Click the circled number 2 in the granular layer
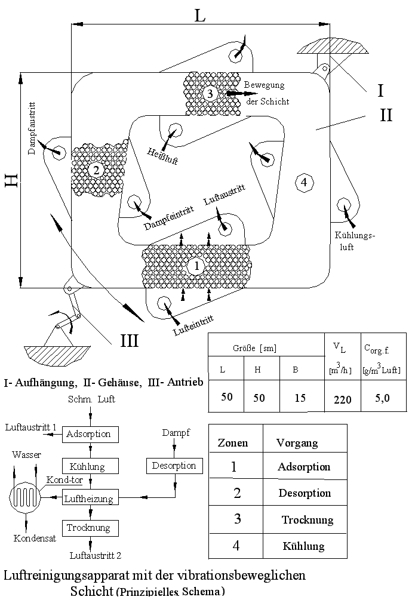tap(96, 170)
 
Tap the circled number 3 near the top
tap(209, 93)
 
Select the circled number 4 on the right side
tap(304, 182)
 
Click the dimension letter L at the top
tap(200, 16)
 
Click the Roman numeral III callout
tap(130, 340)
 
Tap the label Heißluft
tap(162, 155)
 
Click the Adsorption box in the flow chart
tap(88, 434)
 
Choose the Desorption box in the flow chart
tap(174, 466)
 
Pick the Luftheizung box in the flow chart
tap(89, 497)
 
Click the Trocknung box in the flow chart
tap(88, 528)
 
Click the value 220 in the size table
tap(342, 399)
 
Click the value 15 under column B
tap(300, 398)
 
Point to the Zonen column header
tap(232, 443)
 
